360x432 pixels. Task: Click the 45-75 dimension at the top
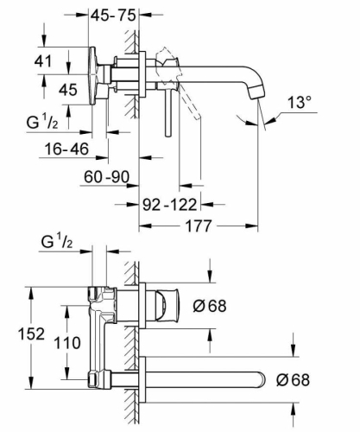(118, 16)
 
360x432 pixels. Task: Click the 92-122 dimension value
(170, 206)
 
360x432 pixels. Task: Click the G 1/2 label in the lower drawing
(59, 241)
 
